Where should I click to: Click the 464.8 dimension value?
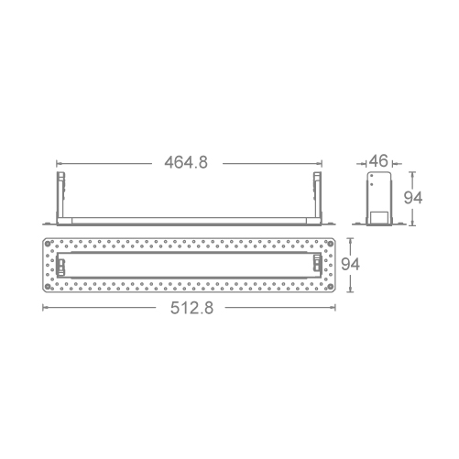pyautogui.click(x=186, y=162)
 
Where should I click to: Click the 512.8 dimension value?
pyautogui.click(x=191, y=308)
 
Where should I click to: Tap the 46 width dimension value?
pyautogui.click(x=378, y=160)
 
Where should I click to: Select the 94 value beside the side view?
pyautogui.click(x=413, y=198)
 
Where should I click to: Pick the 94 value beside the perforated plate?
pyautogui.click(x=350, y=264)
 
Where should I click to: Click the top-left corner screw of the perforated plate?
pyautogui.click(x=48, y=244)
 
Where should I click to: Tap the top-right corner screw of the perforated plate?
pyautogui.click(x=330, y=244)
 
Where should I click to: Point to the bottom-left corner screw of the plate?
pyautogui.click(x=48, y=287)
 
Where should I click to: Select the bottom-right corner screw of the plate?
pyautogui.click(x=330, y=287)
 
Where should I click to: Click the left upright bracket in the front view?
pyautogui.click(x=60, y=195)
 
